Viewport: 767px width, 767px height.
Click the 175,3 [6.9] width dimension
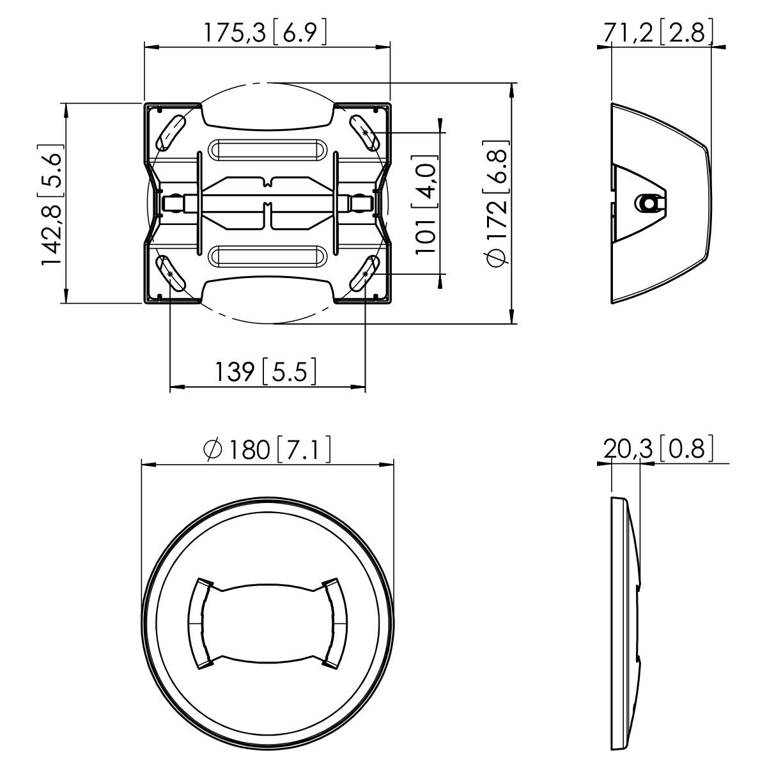pyautogui.click(x=265, y=33)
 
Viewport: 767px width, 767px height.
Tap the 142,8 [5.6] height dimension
pyautogui.click(x=51, y=203)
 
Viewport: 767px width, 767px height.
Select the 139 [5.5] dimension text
pyautogui.click(x=265, y=371)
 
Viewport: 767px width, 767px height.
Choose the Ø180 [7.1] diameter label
pyautogui.click(x=267, y=449)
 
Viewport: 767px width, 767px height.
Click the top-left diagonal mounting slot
pyautogui.click(x=170, y=133)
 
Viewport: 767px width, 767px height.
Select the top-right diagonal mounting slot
pyautogui.click(x=364, y=133)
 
